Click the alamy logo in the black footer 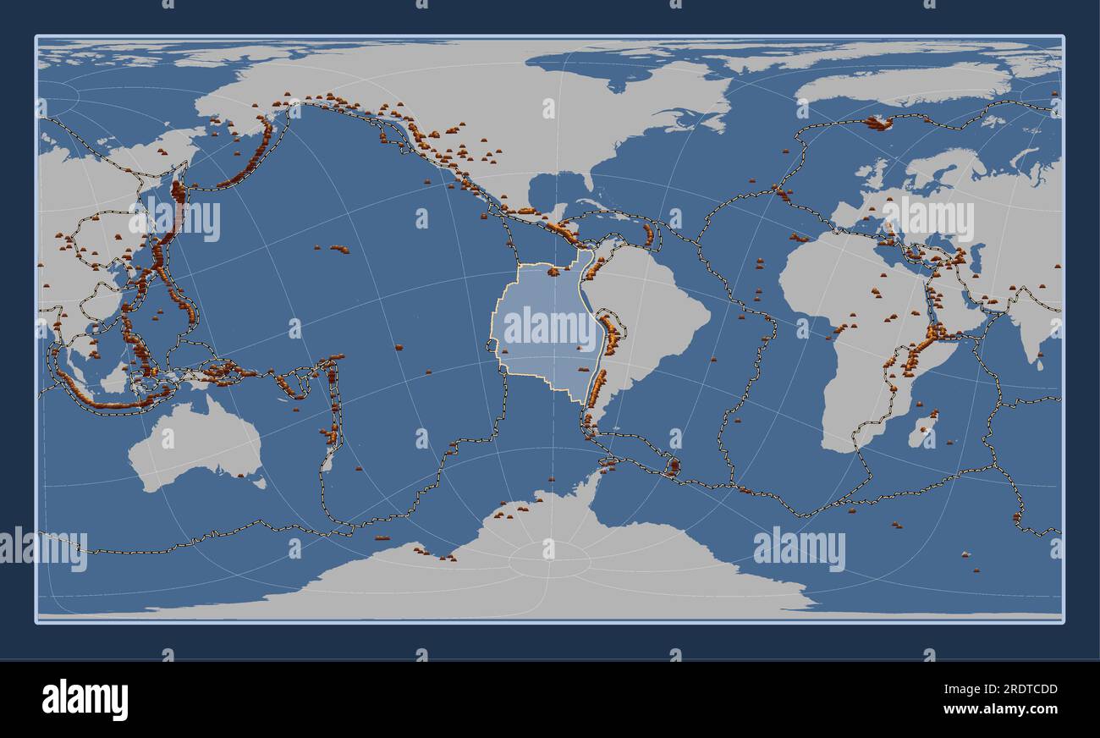pyautogui.click(x=85, y=700)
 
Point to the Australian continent pyautogui.click(x=195, y=444)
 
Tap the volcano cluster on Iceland pyautogui.click(x=878, y=123)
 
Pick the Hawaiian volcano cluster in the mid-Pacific pyautogui.click(x=338, y=249)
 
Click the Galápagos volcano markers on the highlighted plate pyautogui.click(x=555, y=272)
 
